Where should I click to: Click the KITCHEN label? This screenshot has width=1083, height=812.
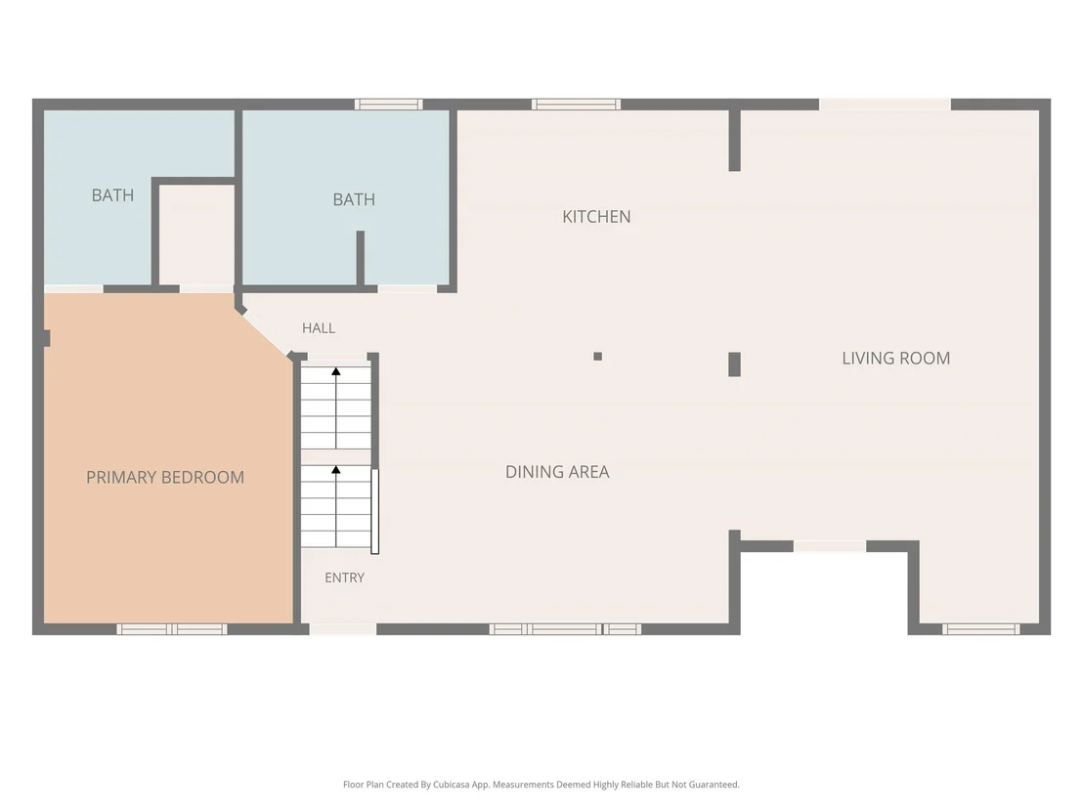click(x=596, y=217)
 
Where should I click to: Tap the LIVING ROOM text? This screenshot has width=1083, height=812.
click(x=896, y=359)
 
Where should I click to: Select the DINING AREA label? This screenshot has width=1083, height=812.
click(x=557, y=472)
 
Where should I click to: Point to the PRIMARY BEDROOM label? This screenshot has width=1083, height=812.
click(x=165, y=477)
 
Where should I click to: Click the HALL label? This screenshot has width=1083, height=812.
click(x=319, y=328)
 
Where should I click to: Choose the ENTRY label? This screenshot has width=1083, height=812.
click(x=345, y=577)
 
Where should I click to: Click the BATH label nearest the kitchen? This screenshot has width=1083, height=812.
click(x=354, y=199)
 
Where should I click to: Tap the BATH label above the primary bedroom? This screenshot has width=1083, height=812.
click(x=112, y=195)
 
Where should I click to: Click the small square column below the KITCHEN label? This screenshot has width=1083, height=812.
click(x=597, y=357)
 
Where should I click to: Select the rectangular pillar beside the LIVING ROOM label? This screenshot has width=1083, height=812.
click(x=734, y=363)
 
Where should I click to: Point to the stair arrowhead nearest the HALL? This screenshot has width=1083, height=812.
click(x=335, y=371)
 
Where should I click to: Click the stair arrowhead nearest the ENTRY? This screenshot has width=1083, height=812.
click(x=335, y=470)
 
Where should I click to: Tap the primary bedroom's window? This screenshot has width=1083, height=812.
click(x=171, y=629)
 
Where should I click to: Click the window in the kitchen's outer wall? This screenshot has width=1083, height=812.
click(x=576, y=105)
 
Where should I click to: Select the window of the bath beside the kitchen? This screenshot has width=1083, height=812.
click(x=389, y=105)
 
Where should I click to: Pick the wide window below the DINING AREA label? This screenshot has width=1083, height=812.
click(x=565, y=629)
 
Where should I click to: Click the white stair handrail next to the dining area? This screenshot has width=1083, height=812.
click(x=375, y=511)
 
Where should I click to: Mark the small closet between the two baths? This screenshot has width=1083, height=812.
click(x=196, y=235)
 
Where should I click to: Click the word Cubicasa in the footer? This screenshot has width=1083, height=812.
click(x=454, y=785)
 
